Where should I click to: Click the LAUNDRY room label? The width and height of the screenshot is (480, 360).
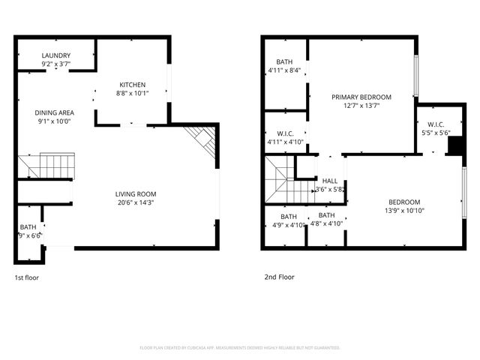pyautogui.click(x=56, y=55)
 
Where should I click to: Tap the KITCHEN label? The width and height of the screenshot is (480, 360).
pyautogui.click(x=132, y=85)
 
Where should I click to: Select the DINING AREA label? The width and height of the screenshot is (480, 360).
pyautogui.click(x=53, y=112)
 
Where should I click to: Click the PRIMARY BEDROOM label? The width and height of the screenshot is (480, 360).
pyautogui.click(x=361, y=97)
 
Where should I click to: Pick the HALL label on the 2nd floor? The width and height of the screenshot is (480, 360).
pyautogui.click(x=330, y=181)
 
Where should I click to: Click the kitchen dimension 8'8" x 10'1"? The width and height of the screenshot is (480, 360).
pyautogui.click(x=132, y=94)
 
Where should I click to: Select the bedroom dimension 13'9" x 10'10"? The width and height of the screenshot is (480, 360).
pyautogui.click(x=403, y=211)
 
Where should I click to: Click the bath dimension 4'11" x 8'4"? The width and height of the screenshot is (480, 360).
pyautogui.click(x=284, y=71)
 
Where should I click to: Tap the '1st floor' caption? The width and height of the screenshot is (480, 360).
pyautogui.click(x=27, y=277)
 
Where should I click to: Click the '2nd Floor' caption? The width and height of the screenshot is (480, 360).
pyautogui.click(x=279, y=277)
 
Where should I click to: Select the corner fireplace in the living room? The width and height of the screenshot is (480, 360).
pyautogui.click(x=203, y=139)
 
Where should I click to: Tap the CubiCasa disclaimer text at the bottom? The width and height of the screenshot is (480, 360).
pyautogui.click(x=240, y=348)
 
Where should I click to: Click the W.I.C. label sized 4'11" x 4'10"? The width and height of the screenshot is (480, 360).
pyautogui.click(x=284, y=137)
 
